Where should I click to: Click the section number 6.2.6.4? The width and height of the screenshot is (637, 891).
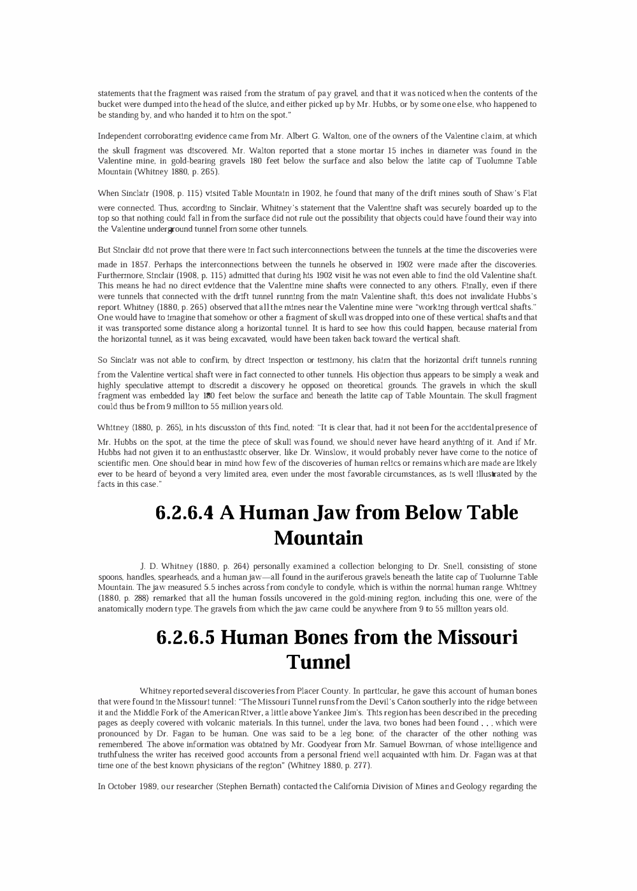tap(184, 513)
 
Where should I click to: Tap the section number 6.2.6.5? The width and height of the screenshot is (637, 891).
tap(185, 637)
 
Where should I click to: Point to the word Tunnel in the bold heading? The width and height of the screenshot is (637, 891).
tap(318, 662)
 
